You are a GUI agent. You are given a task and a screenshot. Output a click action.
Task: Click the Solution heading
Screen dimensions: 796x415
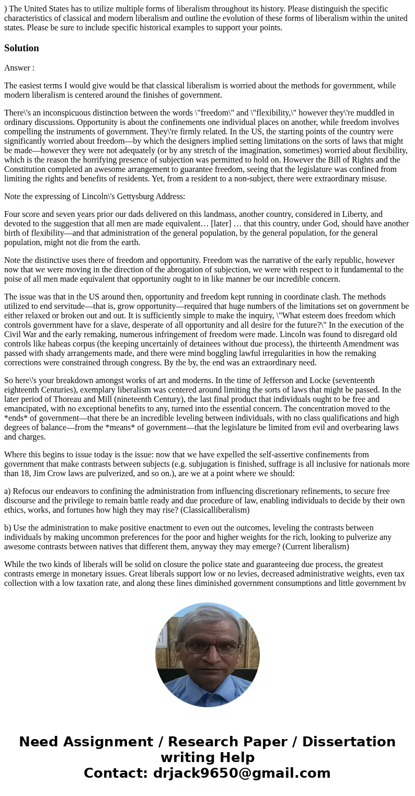[21, 48]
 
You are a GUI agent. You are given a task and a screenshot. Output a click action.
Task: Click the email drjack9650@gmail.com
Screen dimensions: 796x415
[241, 773]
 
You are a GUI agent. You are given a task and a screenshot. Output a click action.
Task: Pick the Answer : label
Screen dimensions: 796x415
[19, 68]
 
